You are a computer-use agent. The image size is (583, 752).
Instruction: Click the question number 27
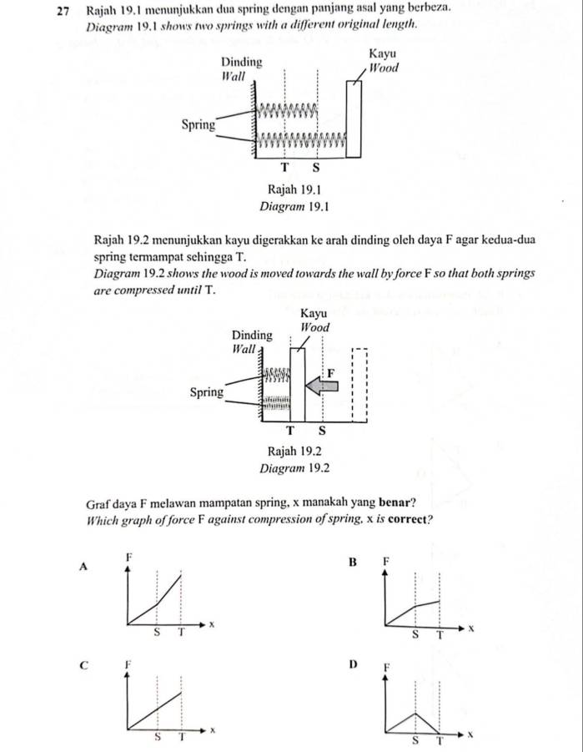click(63, 11)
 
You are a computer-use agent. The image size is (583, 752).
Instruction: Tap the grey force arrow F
click(322, 386)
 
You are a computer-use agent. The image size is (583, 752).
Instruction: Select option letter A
click(83, 567)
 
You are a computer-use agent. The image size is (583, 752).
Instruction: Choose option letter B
click(353, 562)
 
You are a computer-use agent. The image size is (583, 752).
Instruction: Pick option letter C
click(84, 666)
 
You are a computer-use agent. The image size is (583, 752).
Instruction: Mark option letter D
click(354, 664)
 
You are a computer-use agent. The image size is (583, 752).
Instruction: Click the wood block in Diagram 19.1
click(354, 119)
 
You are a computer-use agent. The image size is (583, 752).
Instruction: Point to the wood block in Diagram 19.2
click(297, 385)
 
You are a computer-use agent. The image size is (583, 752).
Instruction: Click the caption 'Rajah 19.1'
click(294, 189)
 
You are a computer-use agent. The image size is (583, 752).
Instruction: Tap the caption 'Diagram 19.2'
click(294, 468)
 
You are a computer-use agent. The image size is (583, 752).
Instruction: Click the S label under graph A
click(156, 633)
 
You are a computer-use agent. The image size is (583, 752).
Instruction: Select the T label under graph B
click(440, 636)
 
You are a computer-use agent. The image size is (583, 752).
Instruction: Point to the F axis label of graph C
click(128, 664)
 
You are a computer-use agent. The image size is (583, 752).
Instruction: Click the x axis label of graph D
click(470, 734)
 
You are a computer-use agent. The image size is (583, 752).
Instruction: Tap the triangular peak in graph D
click(415, 713)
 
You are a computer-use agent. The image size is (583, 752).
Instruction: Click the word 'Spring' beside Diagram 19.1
click(199, 125)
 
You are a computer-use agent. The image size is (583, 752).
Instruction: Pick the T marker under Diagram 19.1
click(284, 168)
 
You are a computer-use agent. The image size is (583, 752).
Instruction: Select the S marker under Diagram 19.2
click(322, 431)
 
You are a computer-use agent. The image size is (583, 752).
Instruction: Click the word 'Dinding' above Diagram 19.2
click(252, 335)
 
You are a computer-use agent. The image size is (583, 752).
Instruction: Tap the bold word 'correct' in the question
click(408, 519)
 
